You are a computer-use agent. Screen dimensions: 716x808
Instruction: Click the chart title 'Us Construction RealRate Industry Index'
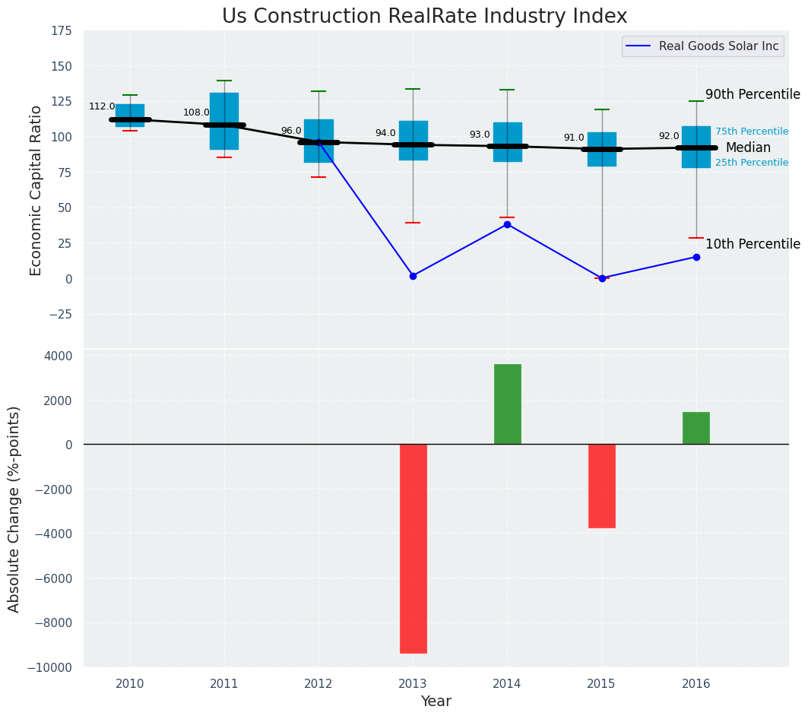424,17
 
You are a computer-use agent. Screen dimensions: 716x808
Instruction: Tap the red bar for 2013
414,548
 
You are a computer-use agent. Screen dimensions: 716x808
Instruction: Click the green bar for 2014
508,404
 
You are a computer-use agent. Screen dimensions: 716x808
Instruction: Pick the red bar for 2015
602,486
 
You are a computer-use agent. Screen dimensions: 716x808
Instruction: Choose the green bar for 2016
696,428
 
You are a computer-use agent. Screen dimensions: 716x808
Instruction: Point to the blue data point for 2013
413,276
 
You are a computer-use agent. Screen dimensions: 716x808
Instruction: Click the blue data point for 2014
507,224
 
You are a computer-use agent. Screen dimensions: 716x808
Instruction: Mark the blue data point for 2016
696,257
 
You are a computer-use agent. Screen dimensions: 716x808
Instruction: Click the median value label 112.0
102,107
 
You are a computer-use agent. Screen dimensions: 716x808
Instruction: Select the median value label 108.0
196,113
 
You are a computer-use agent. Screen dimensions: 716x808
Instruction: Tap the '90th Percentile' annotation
753,95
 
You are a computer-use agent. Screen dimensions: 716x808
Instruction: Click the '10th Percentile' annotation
753,245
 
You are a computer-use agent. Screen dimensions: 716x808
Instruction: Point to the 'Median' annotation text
748,148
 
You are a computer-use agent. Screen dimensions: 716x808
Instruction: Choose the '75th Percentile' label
752,131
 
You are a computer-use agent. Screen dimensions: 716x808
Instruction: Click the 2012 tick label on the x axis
318,684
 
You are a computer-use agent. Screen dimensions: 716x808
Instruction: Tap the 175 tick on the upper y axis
62,31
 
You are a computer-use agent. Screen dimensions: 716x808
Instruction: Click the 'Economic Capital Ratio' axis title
36,190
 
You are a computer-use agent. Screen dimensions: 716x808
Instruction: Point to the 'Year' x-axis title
436,702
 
